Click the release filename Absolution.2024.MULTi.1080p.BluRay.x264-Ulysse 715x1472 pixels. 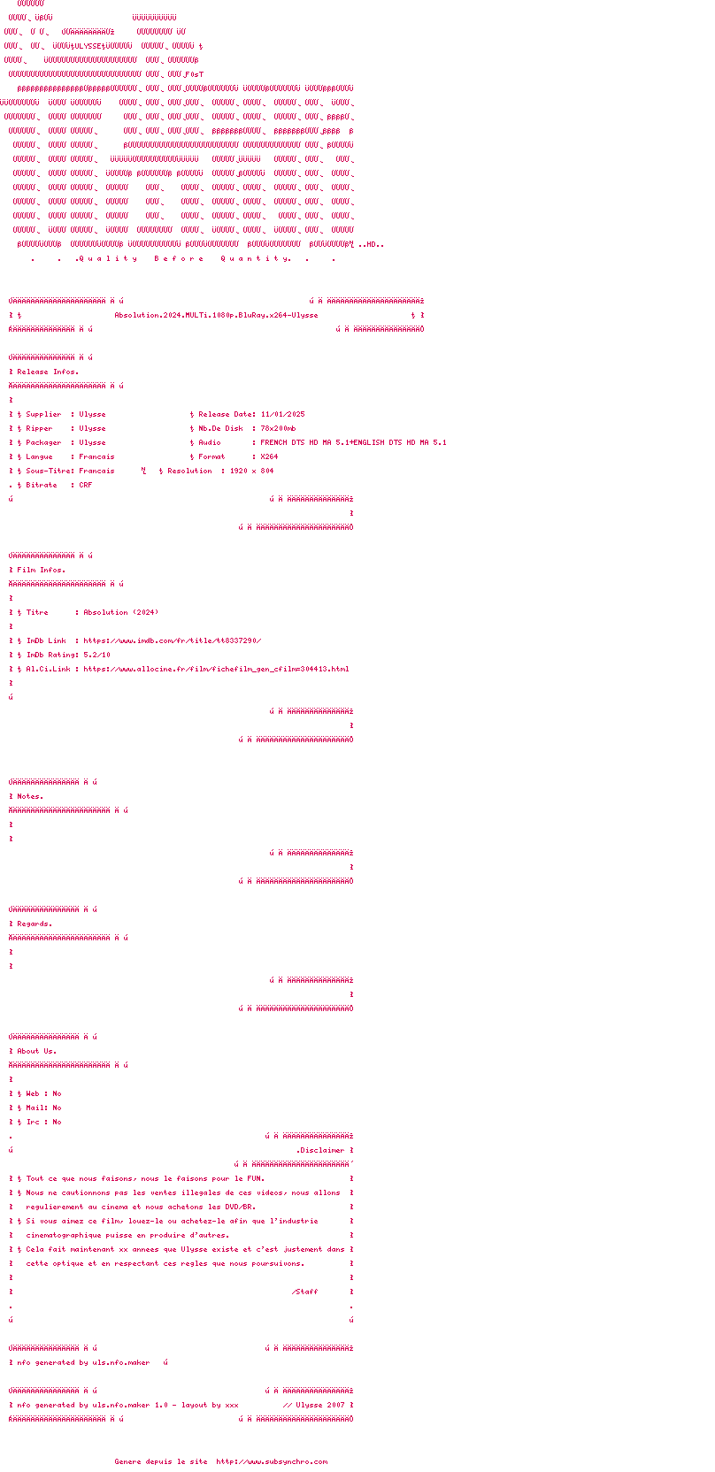click(x=216, y=315)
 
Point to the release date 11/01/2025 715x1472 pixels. click(x=282, y=414)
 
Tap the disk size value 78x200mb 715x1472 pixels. click(x=278, y=428)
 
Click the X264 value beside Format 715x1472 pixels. click(x=269, y=456)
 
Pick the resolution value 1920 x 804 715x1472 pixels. click(x=251, y=471)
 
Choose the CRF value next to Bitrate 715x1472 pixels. click(x=86, y=485)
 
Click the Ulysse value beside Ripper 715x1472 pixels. click(x=92, y=428)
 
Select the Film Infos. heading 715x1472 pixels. click(x=41, y=570)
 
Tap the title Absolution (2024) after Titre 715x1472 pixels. click(x=121, y=612)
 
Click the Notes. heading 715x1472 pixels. click(x=30, y=796)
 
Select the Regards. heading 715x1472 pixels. click(x=35, y=924)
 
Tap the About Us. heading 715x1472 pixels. click(x=36, y=1051)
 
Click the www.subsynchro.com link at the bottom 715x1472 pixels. click(x=272, y=1461)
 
